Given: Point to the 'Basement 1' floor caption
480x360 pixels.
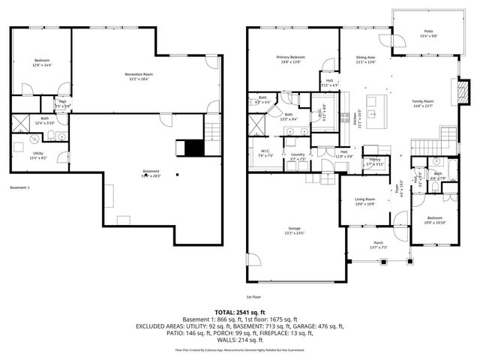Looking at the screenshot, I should pos(20,187).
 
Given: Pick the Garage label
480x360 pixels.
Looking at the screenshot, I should pos(293,230).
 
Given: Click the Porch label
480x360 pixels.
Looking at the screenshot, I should pos(377,244).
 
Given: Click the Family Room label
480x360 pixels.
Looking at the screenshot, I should pos(423,103).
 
